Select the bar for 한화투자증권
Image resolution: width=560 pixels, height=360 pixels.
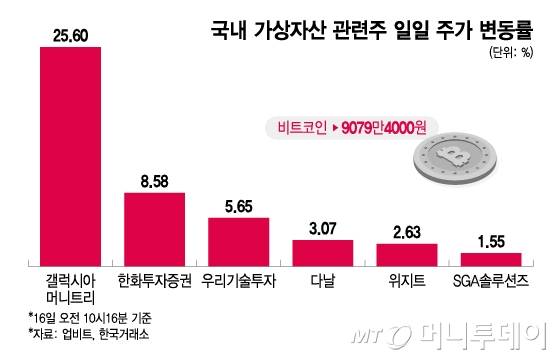tap(154, 226)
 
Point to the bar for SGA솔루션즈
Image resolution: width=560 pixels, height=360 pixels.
tap(490, 256)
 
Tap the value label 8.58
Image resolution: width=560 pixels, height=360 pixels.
tap(154, 181)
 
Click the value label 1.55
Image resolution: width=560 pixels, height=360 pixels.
tap(490, 241)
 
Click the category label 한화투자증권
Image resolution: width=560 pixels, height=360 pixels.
tap(154, 277)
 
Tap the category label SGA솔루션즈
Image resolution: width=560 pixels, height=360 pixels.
tap(490, 277)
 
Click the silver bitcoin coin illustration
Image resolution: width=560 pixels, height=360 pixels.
tap(470, 161)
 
